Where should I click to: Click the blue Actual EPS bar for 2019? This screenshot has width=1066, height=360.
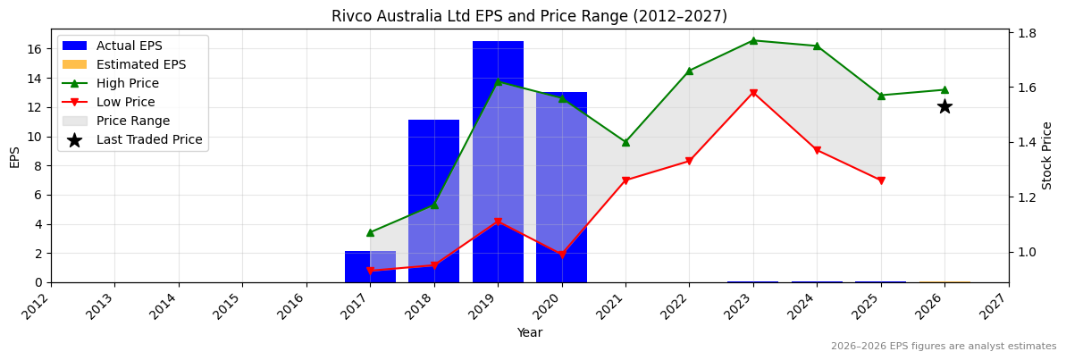coord(498,161)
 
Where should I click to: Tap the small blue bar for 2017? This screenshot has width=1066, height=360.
coord(370,266)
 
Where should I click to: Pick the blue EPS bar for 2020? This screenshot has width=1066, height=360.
coord(561,187)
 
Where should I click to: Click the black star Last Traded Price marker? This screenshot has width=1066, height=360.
coord(944,106)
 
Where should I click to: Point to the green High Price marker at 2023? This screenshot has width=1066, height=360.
coord(753,40)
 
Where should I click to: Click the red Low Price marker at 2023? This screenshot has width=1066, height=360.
coord(753,93)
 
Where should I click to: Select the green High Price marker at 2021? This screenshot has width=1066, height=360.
coord(625,142)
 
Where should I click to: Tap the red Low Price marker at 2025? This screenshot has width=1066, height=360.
coord(881,180)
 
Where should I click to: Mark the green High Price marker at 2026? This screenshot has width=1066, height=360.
coord(944,89)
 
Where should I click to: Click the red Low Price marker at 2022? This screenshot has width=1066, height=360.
coord(689,161)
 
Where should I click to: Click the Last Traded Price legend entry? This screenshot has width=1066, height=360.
coord(148,139)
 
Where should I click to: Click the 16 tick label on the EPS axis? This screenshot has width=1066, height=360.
coord(35,49)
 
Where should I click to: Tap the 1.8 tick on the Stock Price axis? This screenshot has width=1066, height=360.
coord(1027,33)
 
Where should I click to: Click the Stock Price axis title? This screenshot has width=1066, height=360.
coord(1047,155)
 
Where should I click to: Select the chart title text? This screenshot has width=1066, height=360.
coord(529,16)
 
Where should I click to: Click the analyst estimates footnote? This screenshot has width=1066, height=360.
coord(943,347)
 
